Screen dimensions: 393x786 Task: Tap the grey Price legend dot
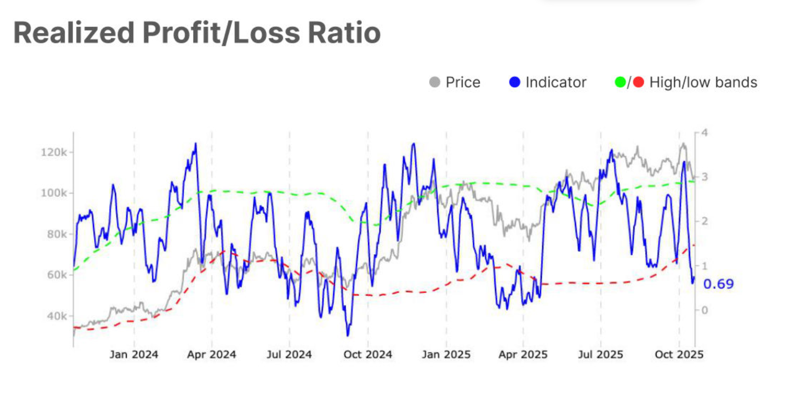(x=435, y=82)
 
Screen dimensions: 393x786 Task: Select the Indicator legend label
(x=556, y=82)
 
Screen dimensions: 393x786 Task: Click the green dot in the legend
(x=620, y=82)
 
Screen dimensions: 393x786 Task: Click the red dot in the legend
(x=638, y=82)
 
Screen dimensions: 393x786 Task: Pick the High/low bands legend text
(x=703, y=82)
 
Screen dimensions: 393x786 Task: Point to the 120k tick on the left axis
(x=54, y=152)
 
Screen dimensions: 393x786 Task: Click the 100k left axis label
(x=54, y=193)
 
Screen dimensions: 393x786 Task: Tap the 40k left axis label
(x=57, y=316)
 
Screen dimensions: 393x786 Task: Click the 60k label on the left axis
(x=57, y=275)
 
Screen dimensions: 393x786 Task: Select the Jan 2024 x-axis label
(x=134, y=355)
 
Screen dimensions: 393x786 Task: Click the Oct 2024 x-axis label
(x=368, y=355)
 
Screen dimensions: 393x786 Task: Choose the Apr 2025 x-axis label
(x=523, y=355)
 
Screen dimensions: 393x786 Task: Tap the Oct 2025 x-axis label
(x=679, y=355)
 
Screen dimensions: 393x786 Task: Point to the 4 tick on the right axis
(x=704, y=133)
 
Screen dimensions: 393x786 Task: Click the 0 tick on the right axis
(x=704, y=310)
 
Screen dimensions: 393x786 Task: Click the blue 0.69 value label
(x=718, y=284)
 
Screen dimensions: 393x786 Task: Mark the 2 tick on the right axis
(x=704, y=221)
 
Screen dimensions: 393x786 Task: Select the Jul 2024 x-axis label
(x=289, y=355)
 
